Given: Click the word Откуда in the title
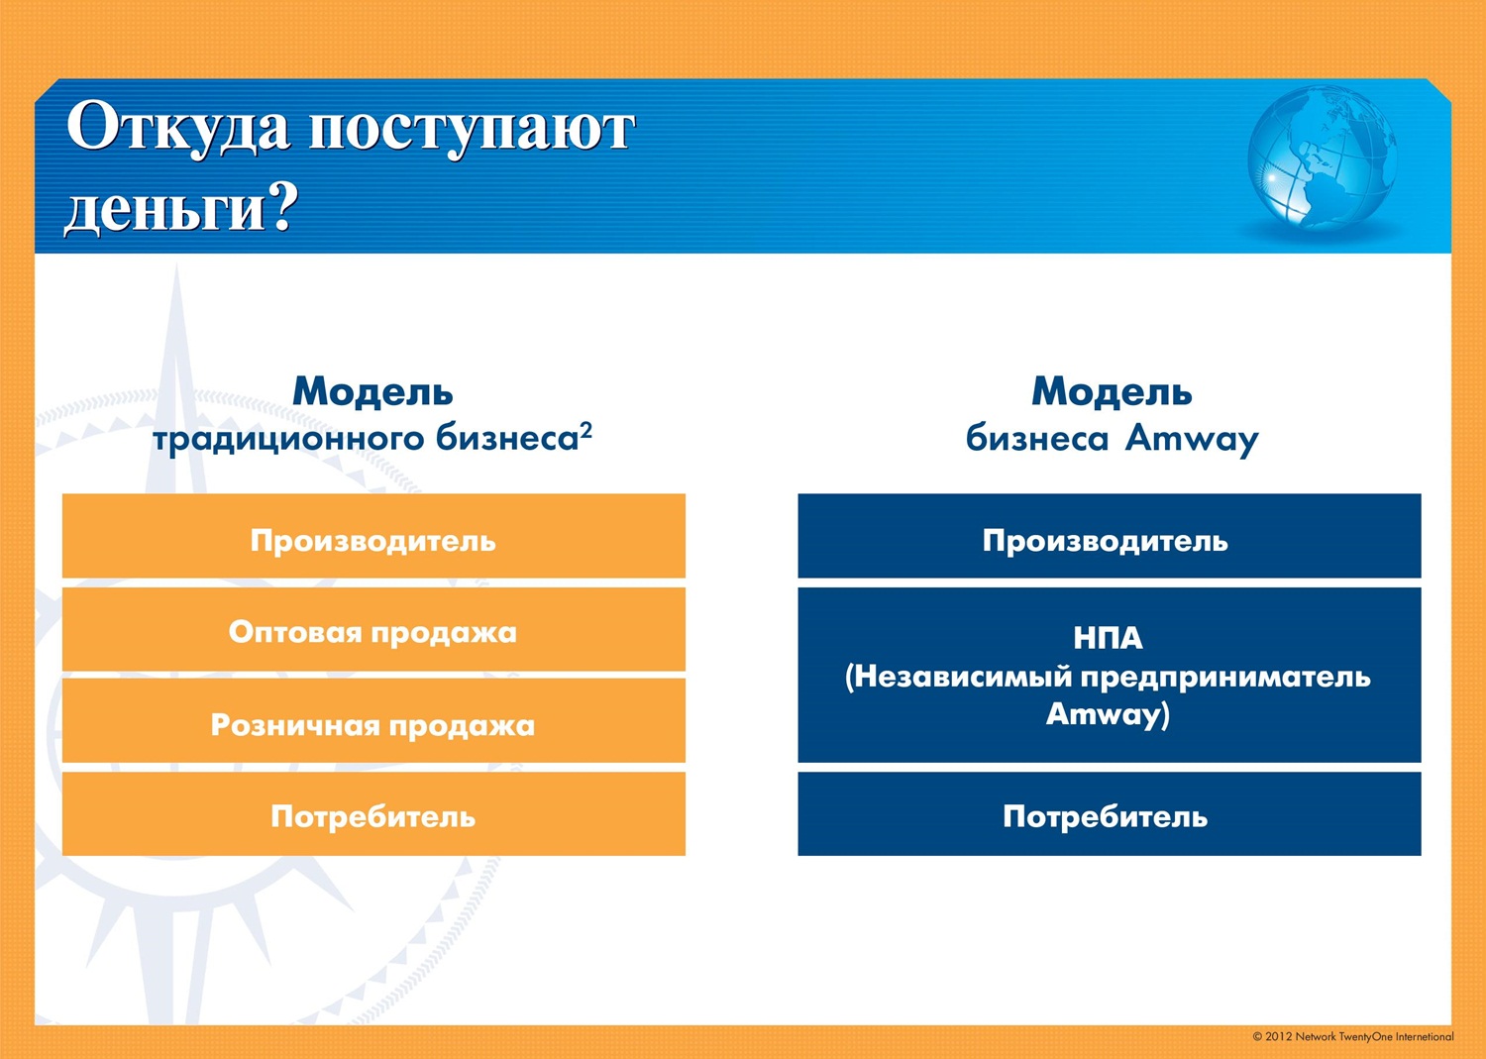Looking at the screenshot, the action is point(178,126).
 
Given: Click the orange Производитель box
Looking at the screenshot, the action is point(373,536).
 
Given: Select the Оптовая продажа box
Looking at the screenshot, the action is point(373,629).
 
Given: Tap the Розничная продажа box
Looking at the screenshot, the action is point(373,720).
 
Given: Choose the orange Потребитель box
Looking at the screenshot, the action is point(373,813).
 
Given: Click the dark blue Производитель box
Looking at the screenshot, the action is point(1110,536).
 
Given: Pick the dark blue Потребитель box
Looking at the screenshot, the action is point(1110,813).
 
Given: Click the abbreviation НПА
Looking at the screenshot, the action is point(1108,638).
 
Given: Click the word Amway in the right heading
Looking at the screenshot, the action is point(1192,440).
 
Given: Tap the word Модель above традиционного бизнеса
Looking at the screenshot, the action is point(372,391).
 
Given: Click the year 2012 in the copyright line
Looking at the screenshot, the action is point(1278,1036).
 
